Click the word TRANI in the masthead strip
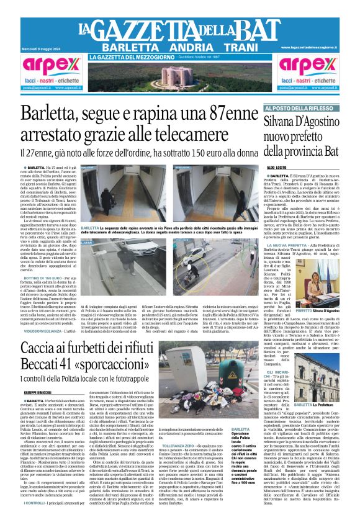[230, 47]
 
